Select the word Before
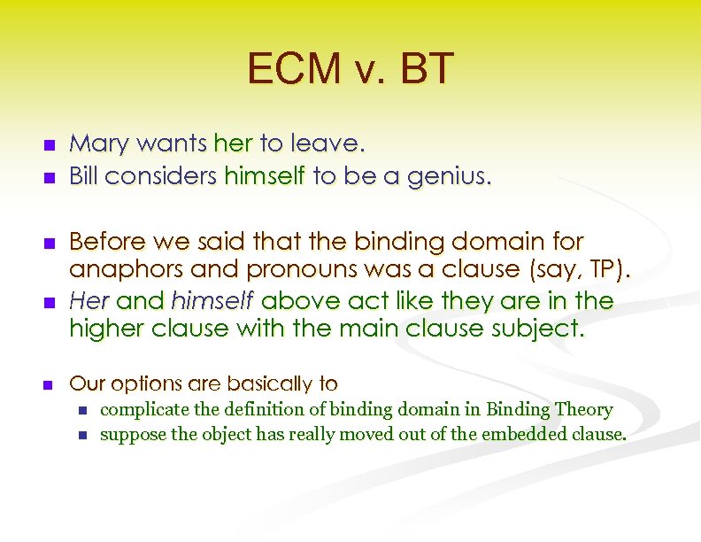[105, 241]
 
